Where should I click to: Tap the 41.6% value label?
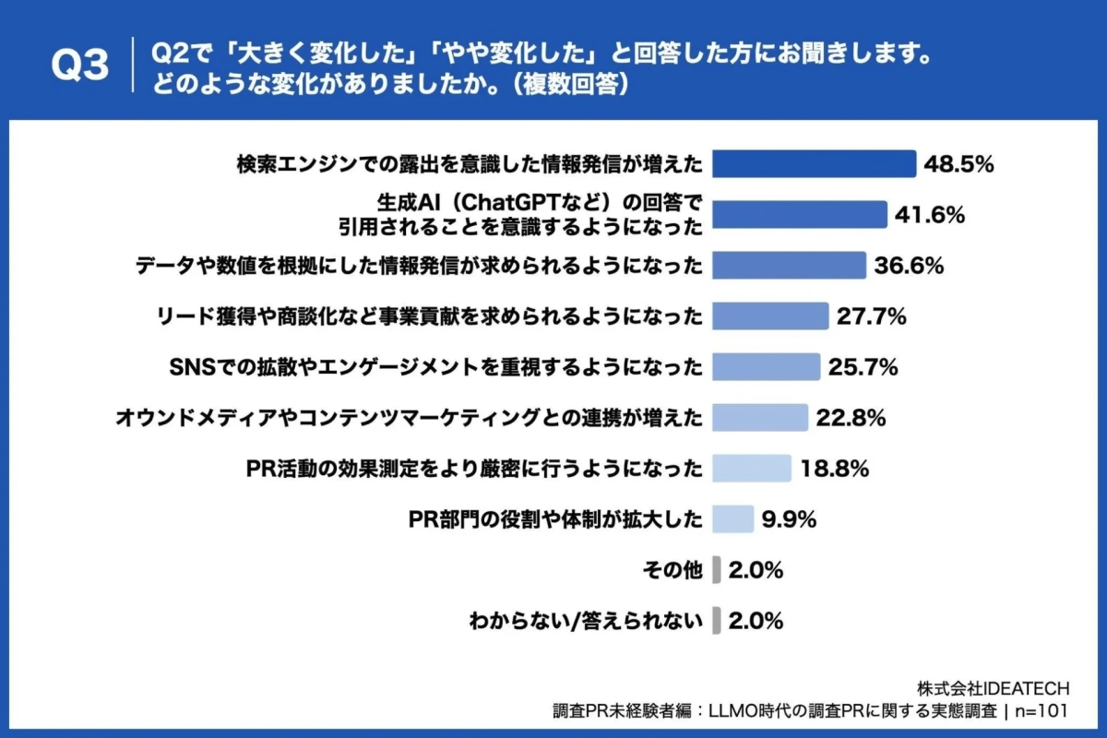930,215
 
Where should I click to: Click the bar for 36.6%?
791,266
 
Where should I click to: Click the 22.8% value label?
851,418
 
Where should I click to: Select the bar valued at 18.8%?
753,469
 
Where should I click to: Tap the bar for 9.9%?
734,519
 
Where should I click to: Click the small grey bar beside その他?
717,570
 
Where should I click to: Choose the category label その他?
673,571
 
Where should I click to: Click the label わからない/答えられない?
586,621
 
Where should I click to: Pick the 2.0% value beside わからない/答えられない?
756,621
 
